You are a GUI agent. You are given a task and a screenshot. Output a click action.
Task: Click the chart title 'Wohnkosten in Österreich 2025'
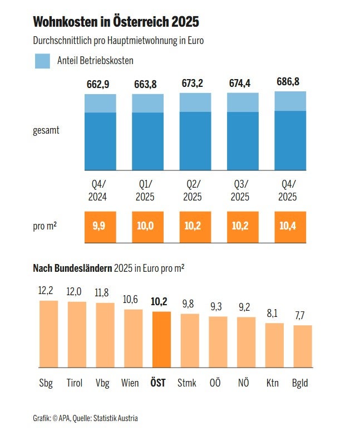click(116, 22)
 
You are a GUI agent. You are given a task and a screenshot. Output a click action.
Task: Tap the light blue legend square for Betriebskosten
click(43, 61)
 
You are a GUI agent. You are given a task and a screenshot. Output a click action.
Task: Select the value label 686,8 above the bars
click(288, 82)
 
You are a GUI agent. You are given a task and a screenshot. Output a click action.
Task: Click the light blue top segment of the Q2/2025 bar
click(195, 102)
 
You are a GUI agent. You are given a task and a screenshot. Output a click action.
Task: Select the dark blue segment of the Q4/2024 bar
click(100, 141)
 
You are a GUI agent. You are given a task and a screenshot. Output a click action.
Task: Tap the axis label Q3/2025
click(240, 190)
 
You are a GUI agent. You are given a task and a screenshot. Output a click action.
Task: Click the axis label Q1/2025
click(145, 190)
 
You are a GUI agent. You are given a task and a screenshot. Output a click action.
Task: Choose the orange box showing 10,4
click(290, 227)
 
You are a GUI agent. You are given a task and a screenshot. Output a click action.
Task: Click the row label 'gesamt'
click(46, 131)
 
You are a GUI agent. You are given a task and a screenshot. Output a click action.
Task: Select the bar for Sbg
click(48, 334)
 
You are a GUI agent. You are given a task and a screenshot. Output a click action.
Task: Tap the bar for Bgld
click(303, 346)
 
